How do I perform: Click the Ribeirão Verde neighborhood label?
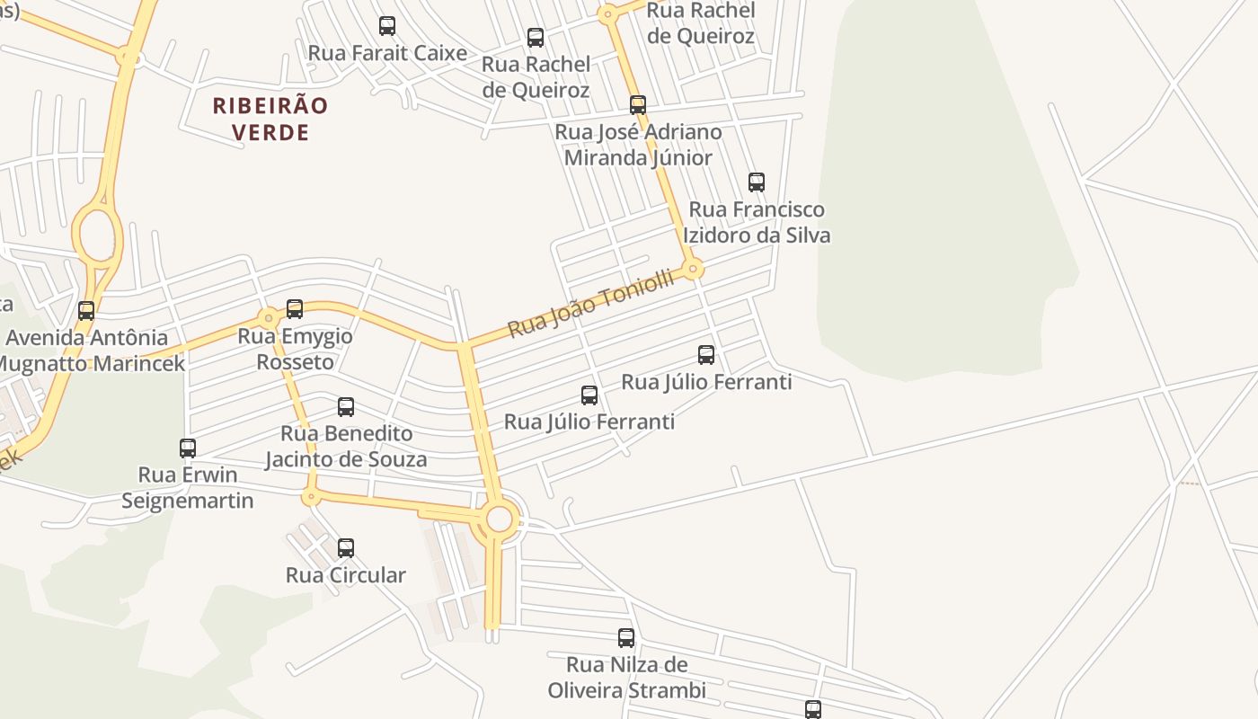tap(270, 119)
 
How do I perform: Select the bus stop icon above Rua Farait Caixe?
tap(387, 26)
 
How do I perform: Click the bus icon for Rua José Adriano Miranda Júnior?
tap(638, 105)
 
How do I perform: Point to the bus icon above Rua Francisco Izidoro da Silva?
tap(757, 182)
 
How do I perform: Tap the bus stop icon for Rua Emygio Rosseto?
tap(295, 309)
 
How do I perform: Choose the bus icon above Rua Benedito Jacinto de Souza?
tap(346, 407)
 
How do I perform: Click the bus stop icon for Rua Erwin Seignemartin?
tap(188, 448)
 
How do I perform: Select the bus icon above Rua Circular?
tap(346, 548)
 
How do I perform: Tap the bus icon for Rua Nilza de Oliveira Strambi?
tap(626, 638)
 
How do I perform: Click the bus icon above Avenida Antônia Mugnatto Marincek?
tap(86, 311)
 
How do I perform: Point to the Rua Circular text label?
tap(346, 575)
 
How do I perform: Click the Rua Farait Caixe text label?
tap(387, 53)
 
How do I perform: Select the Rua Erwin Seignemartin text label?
tap(188, 487)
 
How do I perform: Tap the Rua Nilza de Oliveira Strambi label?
tap(626, 678)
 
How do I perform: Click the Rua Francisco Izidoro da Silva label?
tap(757, 222)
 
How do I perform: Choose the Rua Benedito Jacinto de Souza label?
tap(346, 447)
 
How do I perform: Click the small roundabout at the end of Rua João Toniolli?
tap(693, 269)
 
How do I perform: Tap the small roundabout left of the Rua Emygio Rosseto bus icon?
tap(268, 318)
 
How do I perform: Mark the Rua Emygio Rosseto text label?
tap(295, 349)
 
